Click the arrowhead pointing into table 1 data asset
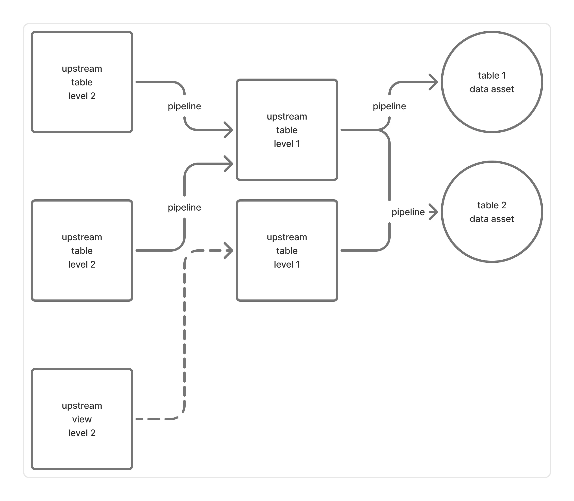coord(434,82)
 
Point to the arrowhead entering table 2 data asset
coord(434,212)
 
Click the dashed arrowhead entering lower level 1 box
coord(229,250)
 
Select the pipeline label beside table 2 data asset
coord(408,212)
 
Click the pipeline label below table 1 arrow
coord(389,106)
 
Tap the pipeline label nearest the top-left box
coord(184,106)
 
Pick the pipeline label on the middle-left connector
coord(184,208)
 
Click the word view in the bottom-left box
coord(82,419)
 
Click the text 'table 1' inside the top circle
coord(492,75)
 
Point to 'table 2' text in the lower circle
coord(492,205)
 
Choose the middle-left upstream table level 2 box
coord(82,282)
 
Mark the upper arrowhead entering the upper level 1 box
coord(229,130)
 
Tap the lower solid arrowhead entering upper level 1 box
coord(229,164)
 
